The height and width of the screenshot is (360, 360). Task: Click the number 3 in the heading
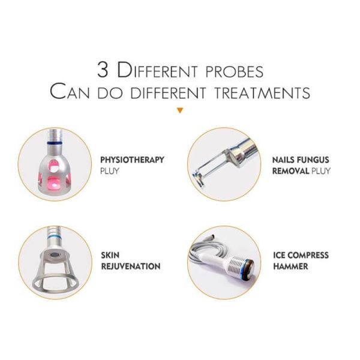tap(103, 70)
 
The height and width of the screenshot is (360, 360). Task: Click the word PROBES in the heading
tap(235, 71)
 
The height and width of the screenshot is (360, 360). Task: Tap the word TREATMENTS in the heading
tap(262, 92)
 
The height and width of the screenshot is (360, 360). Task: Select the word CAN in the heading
tap(70, 92)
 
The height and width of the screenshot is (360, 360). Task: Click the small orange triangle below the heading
tap(180, 110)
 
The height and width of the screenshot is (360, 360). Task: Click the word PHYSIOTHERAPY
tap(132, 160)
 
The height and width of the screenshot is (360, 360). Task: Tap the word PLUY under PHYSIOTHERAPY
tap(110, 171)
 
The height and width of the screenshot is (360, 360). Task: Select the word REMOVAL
tap(290, 171)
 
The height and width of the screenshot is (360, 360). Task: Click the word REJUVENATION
tap(131, 266)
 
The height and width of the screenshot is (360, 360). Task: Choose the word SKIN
tap(110, 255)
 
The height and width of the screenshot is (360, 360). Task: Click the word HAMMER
tap(290, 266)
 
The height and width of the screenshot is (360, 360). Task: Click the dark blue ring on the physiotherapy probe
tap(55, 143)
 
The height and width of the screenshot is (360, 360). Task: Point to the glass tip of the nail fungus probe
tap(198, 178)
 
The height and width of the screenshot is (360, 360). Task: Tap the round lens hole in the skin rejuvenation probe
tap(55, 255)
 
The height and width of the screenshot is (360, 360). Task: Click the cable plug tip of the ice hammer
tap(211, 236)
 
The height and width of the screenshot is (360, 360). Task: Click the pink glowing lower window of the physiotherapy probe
tap(55, 183)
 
